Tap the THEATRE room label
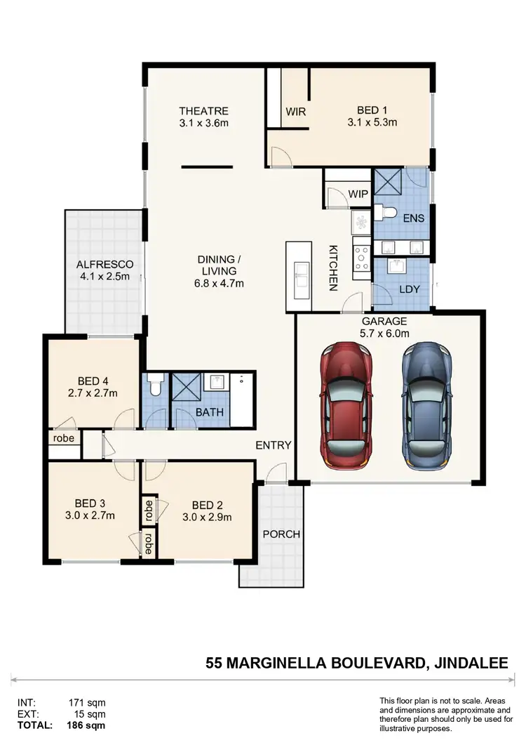pos(203,111)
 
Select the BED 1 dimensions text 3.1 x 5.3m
pos(372,122)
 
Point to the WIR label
pos(295,111)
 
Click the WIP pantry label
pos(358,194)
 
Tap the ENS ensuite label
pos(414,218)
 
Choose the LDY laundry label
pos(409,289)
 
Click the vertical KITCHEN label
pos(334,268)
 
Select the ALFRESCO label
pos(104,264)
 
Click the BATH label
pos(210,412)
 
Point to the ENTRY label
pos(274,445)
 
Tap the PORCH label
pos(281,534)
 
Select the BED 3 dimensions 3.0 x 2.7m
pos(90,516)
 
